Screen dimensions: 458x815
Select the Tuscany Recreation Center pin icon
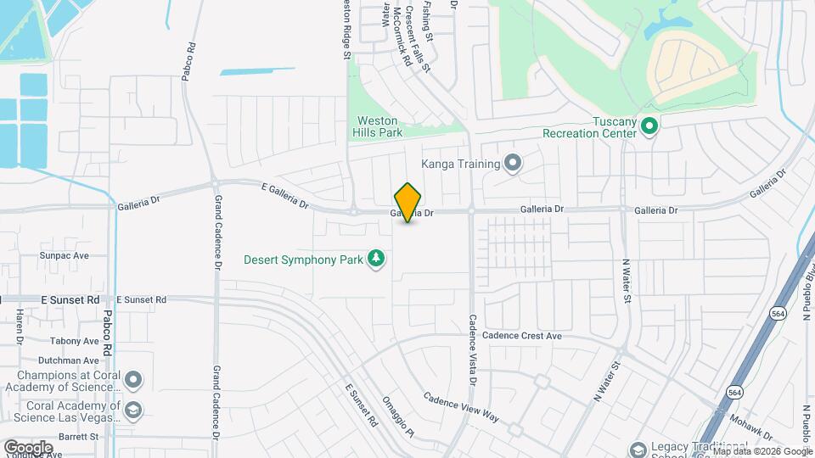click(649, 127)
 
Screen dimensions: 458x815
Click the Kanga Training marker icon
click(512, 162)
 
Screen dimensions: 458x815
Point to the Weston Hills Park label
click(377, 127)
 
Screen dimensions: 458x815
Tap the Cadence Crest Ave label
click(522, 336)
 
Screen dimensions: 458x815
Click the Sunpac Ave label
click(64, 254)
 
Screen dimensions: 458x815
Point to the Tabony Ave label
click(74, 341)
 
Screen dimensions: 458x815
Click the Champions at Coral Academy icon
click(132, 378)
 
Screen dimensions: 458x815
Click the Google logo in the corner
click(28, 447)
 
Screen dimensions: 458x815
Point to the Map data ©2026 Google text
click(762, 451)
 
